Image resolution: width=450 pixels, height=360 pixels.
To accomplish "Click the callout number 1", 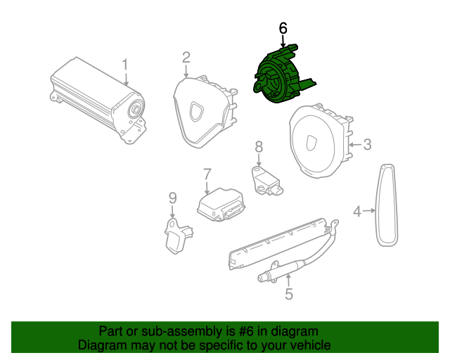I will pyautogui.click(x=125, y=65).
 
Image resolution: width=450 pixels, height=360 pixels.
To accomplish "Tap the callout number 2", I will pyautogui.click(x=186, y=57).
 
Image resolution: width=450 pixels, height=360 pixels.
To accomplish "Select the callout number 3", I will pyautogui.click(x=367, y=145).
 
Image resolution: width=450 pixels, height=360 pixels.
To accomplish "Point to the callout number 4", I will pyautogui.click(x=357, y=211).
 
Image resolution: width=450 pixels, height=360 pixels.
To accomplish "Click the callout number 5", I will pyautogui.click(x=289, y=295).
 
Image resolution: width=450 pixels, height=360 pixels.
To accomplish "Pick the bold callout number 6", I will pyautogui.click(x=283, y=29).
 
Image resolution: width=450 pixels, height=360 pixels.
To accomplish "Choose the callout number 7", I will pyautogui.click(x=207, y=174).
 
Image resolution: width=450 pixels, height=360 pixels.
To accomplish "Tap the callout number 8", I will pyautogui.click(x=259, y=146).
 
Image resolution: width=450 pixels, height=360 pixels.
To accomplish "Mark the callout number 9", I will pyautogui.click(x=172, y=199).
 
